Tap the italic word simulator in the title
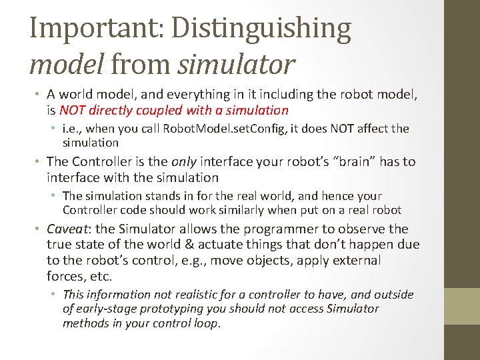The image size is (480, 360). tap(235, 64)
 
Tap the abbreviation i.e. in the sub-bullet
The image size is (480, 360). tap(73, 129)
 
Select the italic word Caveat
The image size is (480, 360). tap(70, 229)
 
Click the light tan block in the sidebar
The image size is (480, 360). tap(462, 306)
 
